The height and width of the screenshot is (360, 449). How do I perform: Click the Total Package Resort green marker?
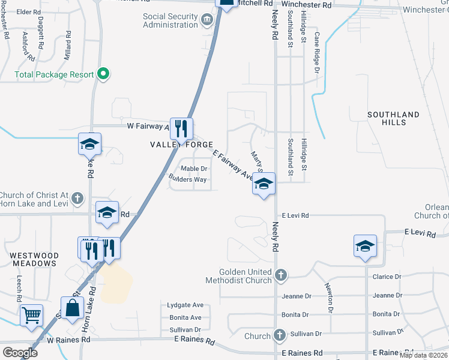(103, 74)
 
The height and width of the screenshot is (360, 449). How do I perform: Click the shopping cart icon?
(31, 314)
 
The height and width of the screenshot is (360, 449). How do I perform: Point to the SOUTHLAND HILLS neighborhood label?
(394, 118)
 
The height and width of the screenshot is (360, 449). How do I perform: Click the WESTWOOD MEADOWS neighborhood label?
(34, 260)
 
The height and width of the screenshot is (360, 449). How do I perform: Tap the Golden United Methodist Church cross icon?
(280, 276)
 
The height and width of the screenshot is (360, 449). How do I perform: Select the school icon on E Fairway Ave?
(264, 184)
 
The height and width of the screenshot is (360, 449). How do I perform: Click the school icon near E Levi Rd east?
(365, 246)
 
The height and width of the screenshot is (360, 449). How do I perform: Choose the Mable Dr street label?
(194, 169)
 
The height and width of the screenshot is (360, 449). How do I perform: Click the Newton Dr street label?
(330, 298)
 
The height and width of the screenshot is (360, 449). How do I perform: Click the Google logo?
(20, 353)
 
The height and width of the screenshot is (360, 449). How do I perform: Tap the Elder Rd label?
(28, 12)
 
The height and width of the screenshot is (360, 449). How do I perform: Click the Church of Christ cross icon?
(77, 198)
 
